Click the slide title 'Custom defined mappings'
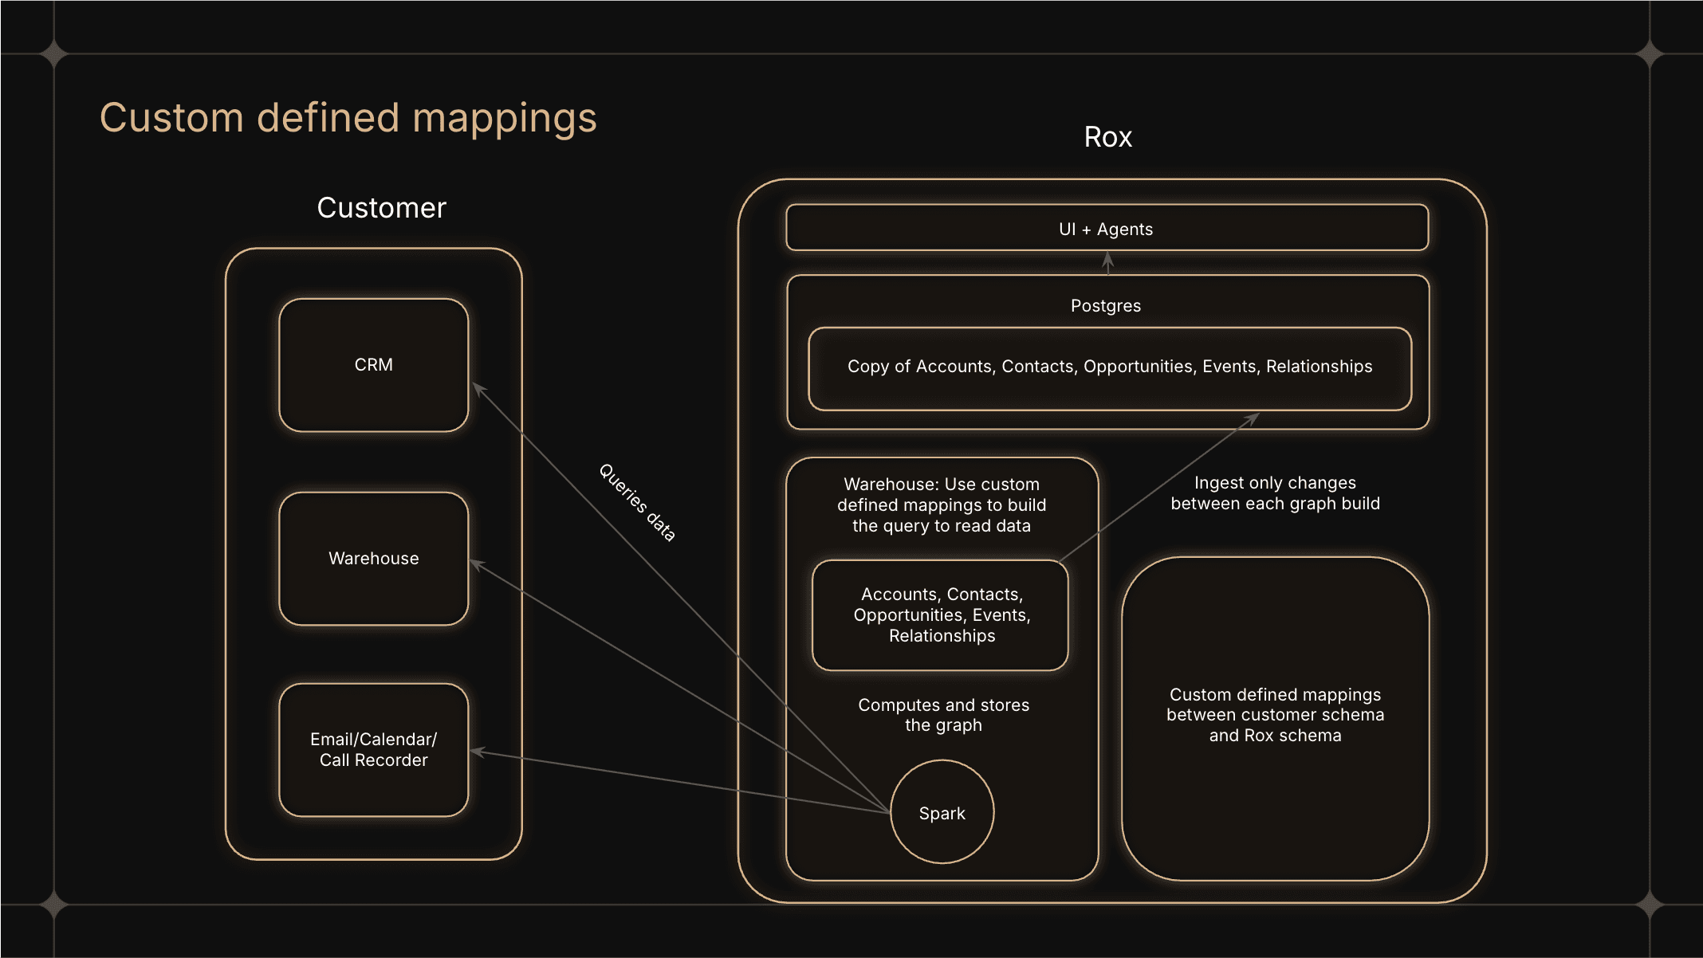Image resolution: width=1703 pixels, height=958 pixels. [x=348, y=118]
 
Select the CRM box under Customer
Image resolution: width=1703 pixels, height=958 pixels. [x=373, y=365]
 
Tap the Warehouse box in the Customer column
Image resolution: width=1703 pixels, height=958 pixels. [x=373, y=559]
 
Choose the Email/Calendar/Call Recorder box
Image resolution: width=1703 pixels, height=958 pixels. [x=373, y=750]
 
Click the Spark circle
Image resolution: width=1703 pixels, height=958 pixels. [x=942, y=812]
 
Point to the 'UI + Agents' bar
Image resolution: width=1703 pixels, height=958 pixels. [x=1106, y=229]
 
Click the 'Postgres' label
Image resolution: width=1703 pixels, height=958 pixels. [x=1106, y=306]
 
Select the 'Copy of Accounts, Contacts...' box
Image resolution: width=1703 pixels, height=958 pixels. [x=1109, y=367]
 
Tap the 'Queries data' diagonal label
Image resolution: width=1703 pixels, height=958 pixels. [x=637, y=503]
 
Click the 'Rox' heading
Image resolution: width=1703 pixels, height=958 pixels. [x=1107, y=137]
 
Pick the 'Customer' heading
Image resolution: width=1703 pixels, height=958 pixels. [x=381, y=208]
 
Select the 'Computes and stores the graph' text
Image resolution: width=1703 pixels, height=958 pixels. [x=943, y=715]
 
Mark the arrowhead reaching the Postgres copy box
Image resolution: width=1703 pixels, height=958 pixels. [x=1254, y=417]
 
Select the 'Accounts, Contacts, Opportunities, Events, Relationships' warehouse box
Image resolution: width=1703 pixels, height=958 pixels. [x=941, y=615]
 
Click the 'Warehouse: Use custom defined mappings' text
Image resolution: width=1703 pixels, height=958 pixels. [x=941, y=505]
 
